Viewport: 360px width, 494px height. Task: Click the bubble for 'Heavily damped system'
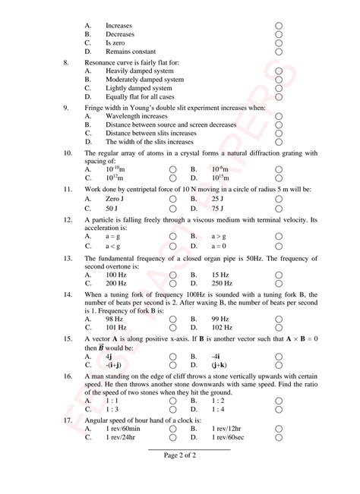coord(279,71)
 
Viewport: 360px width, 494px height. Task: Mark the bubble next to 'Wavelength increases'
coord(279,116)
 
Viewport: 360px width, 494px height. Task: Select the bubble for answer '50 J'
coord(173,207)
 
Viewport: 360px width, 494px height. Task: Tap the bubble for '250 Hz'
coord(279,282)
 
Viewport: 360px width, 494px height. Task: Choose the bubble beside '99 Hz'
coord(279,319)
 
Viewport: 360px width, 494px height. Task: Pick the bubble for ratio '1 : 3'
coord(173,410)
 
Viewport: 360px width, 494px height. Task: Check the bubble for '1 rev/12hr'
coord(279,429)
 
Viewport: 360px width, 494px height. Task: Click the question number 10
coord(68,153)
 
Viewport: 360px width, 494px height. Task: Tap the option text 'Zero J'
coord(115,198)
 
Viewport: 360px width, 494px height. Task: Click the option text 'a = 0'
coord(219,245)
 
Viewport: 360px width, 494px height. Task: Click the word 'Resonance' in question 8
coord(101,61)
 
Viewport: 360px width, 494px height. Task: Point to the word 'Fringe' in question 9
coord(94,107)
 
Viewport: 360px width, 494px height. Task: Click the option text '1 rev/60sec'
coord(229,438)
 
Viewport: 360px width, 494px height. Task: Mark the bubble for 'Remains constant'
coord(279,52)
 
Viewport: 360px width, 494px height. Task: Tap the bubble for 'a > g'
coord(279,236)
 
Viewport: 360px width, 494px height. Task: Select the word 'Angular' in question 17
coord(97,420)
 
